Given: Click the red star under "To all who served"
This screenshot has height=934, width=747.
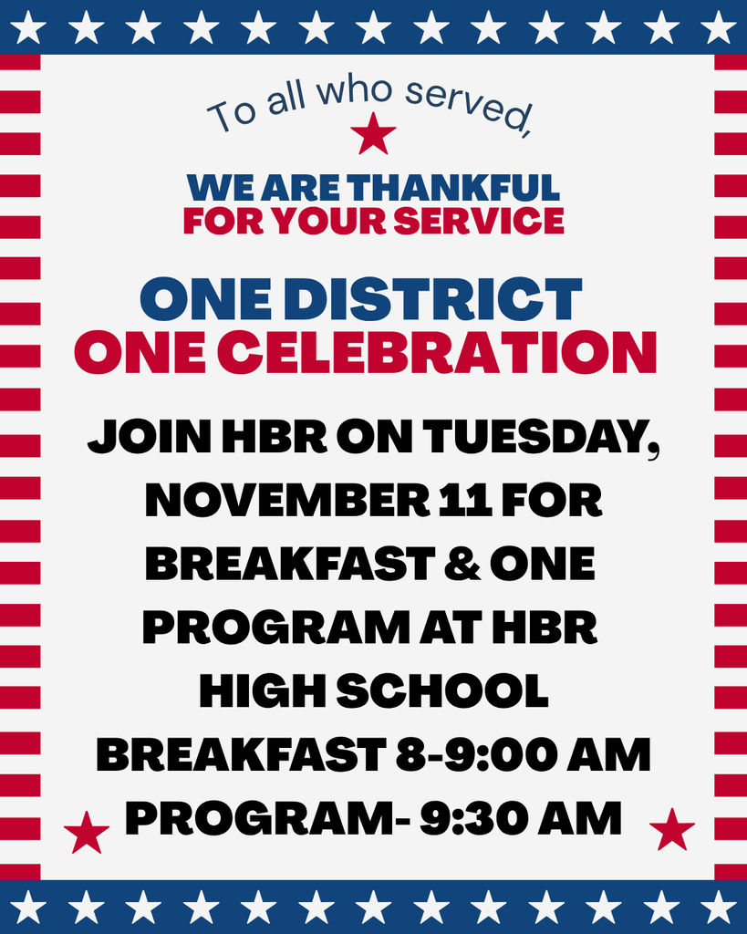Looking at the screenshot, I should click(x=373, y=134).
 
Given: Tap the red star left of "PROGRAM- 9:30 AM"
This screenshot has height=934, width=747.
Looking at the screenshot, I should click(x=87, y=832).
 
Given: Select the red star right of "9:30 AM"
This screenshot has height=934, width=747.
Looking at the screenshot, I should click(x=672, y=829).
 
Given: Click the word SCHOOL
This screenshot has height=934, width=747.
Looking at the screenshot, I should click(x=442, y=691).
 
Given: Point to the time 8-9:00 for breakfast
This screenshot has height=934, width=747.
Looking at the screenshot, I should click(x=475, y=755).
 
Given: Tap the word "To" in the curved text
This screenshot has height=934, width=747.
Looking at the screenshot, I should click(x=231, y=116).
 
